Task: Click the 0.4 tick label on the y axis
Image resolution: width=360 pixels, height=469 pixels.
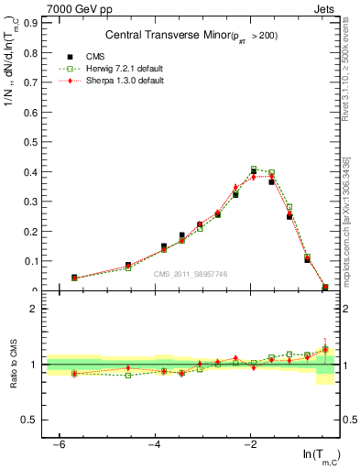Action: click(x=33, y=171)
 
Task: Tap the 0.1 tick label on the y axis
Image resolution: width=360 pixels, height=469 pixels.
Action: click(x=33, y=261)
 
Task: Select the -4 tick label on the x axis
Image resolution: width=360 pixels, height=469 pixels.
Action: click(x=155, y=444)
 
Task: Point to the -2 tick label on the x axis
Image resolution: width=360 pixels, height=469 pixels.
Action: click(x=251, y=444)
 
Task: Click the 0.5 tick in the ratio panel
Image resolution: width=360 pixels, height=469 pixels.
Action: click(x=33, y=420)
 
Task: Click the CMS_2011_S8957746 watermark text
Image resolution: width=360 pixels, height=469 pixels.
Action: click(x=191, y=274)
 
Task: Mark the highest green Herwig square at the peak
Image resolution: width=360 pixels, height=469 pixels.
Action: click(x=254, y=169)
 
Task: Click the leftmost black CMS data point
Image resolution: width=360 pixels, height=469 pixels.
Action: click(x=74, y=277)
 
